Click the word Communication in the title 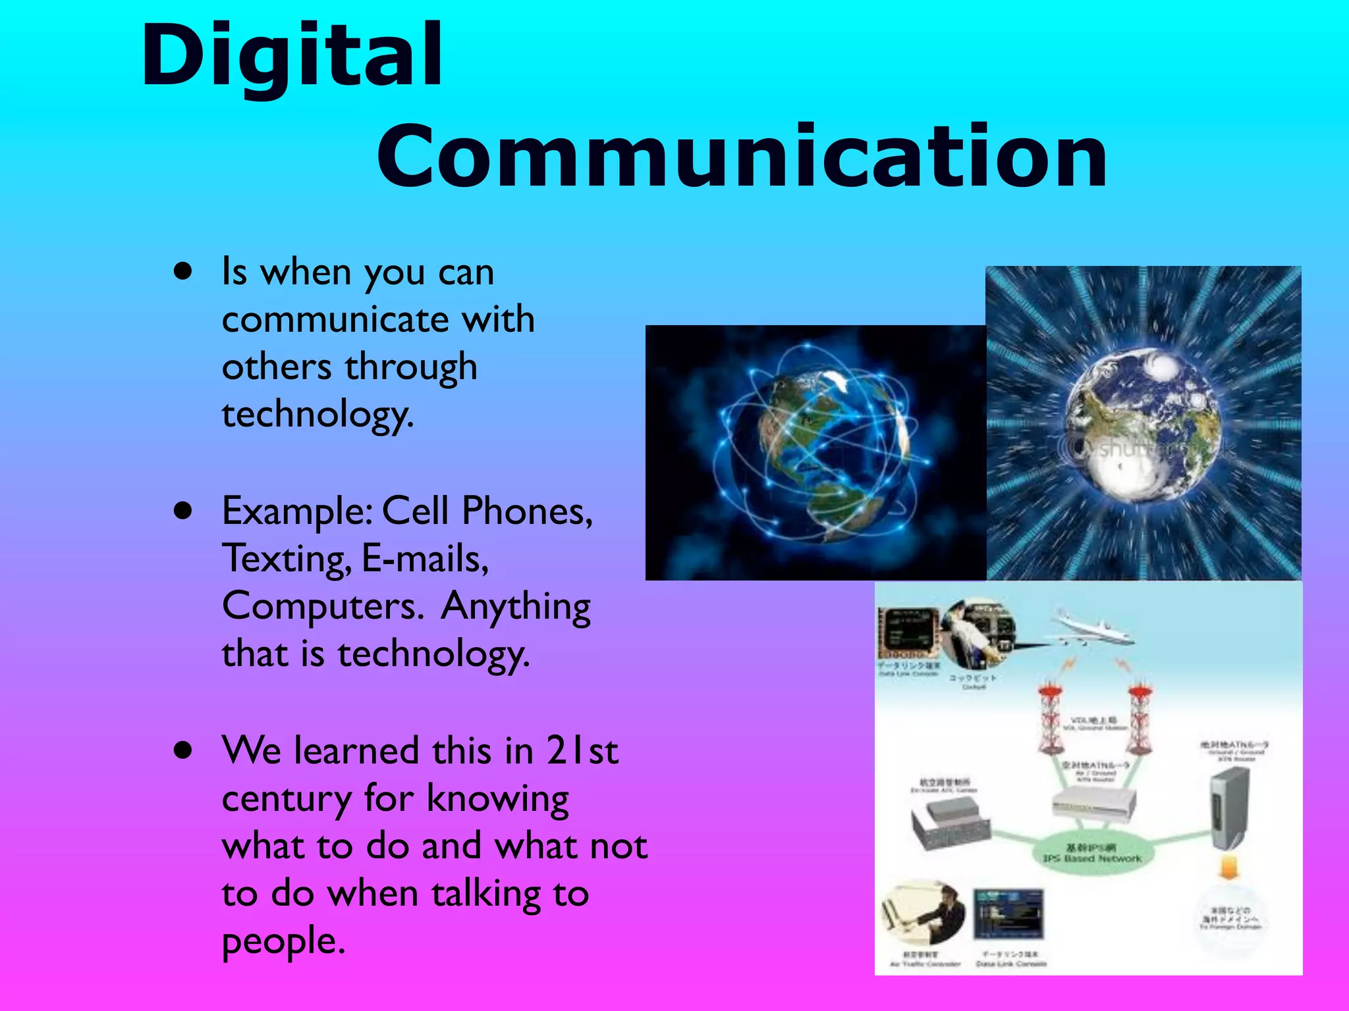741,157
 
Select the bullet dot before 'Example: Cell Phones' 183,510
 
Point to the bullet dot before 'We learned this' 183,750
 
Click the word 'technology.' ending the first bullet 317,415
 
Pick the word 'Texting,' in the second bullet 287,559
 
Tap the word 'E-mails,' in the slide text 426,559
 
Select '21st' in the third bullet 582,750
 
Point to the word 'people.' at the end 283,941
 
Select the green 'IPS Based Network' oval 1091,853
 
